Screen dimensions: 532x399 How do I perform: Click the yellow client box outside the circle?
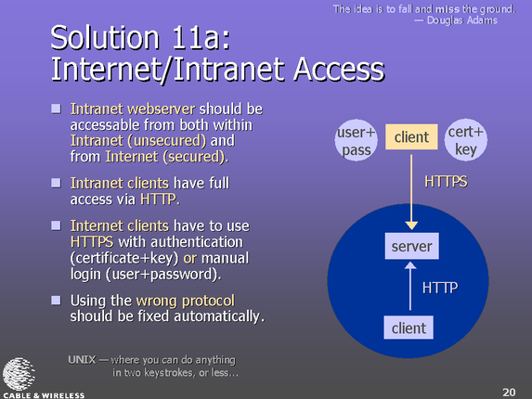point(411,137)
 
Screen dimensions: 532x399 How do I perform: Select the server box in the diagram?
point(411,246)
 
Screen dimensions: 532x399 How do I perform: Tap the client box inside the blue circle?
point(409,328)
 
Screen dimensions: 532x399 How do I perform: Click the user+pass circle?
point(356,140)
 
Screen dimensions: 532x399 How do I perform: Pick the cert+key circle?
point(466,139)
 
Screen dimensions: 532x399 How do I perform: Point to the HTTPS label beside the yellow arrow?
point(446,182)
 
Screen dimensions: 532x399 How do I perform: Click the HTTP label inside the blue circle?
point(440,288)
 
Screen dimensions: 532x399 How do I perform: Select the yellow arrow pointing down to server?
point(411,192)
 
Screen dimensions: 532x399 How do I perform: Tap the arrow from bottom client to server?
point(410,286)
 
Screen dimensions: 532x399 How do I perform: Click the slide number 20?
point(509,393)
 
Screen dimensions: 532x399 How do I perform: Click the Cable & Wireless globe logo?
point(19,375)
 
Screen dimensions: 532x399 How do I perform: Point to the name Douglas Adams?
point(462,20)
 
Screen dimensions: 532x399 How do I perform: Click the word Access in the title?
point(339,70)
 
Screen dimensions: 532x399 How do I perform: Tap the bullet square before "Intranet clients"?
point(56,183)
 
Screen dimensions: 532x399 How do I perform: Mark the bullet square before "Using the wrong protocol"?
point(56,300)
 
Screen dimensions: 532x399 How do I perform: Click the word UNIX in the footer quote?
point(82,360)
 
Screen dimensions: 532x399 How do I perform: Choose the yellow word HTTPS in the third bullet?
point(92,242)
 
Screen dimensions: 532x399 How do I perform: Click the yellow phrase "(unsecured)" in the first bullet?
point(166,141)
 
